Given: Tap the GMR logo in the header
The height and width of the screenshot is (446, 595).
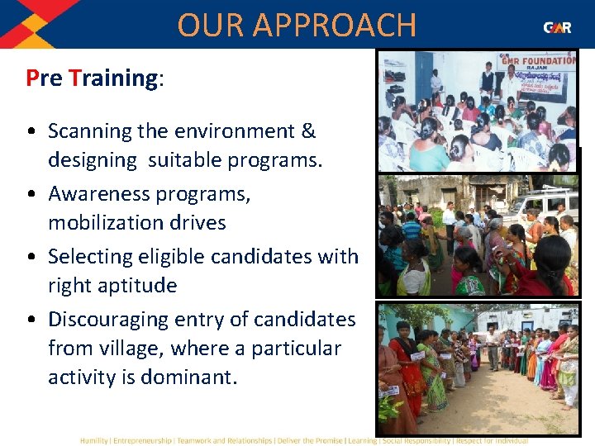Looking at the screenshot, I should (557, 27).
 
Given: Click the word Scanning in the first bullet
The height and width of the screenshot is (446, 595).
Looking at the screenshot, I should (90, 131).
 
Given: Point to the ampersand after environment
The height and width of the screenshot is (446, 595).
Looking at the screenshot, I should (308, 131).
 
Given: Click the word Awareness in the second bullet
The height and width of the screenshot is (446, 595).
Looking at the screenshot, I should (98, 194).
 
